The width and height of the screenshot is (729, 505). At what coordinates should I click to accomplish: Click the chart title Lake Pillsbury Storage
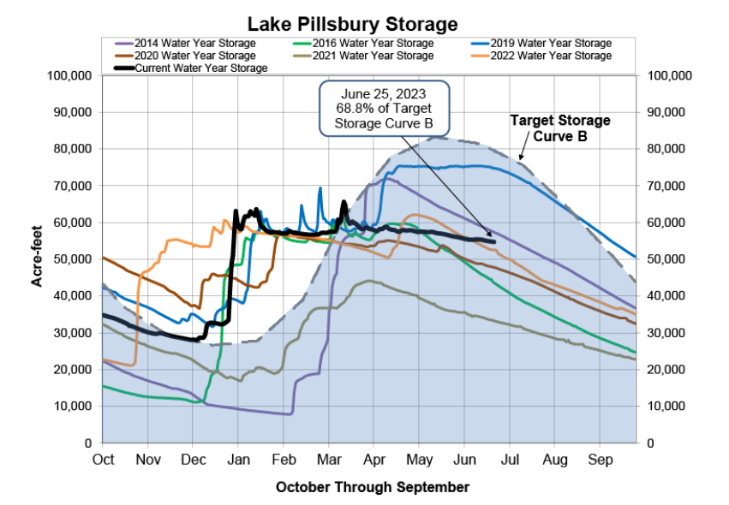(x=353, y=23)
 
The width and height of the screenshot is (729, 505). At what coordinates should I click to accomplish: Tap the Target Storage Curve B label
(x=560, y=128)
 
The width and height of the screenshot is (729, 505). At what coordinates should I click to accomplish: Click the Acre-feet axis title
(x=39, y=258)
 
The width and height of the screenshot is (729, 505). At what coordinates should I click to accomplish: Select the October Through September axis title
(x=373, y=487)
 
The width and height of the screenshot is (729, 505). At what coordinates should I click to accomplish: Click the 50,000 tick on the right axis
(x=668, y=259)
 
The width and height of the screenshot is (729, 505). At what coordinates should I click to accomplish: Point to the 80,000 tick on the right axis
(x=668, y=149)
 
